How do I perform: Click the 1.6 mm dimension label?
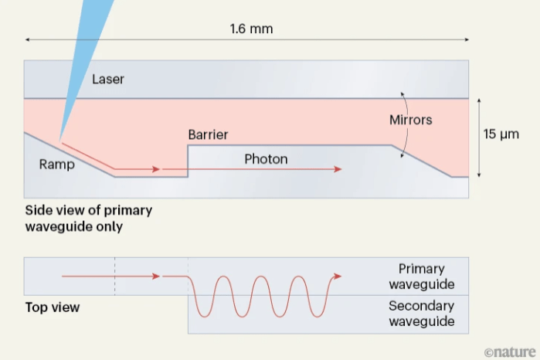tap(251, 29)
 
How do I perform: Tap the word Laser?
tap(107, 79)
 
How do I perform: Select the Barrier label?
tap(208, 134)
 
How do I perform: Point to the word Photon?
tap(266, 159)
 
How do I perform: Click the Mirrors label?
tap(410, 120)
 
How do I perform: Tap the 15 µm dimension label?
tap(501, 134)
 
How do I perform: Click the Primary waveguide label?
tap(422, 276)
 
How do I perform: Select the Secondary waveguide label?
tap(422, 313)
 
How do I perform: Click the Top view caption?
tap(53, 307)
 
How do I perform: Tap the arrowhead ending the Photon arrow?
tap(338, 168)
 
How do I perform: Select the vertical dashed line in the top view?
tap(115, 276)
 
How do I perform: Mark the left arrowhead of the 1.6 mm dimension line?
tap(28, 39)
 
